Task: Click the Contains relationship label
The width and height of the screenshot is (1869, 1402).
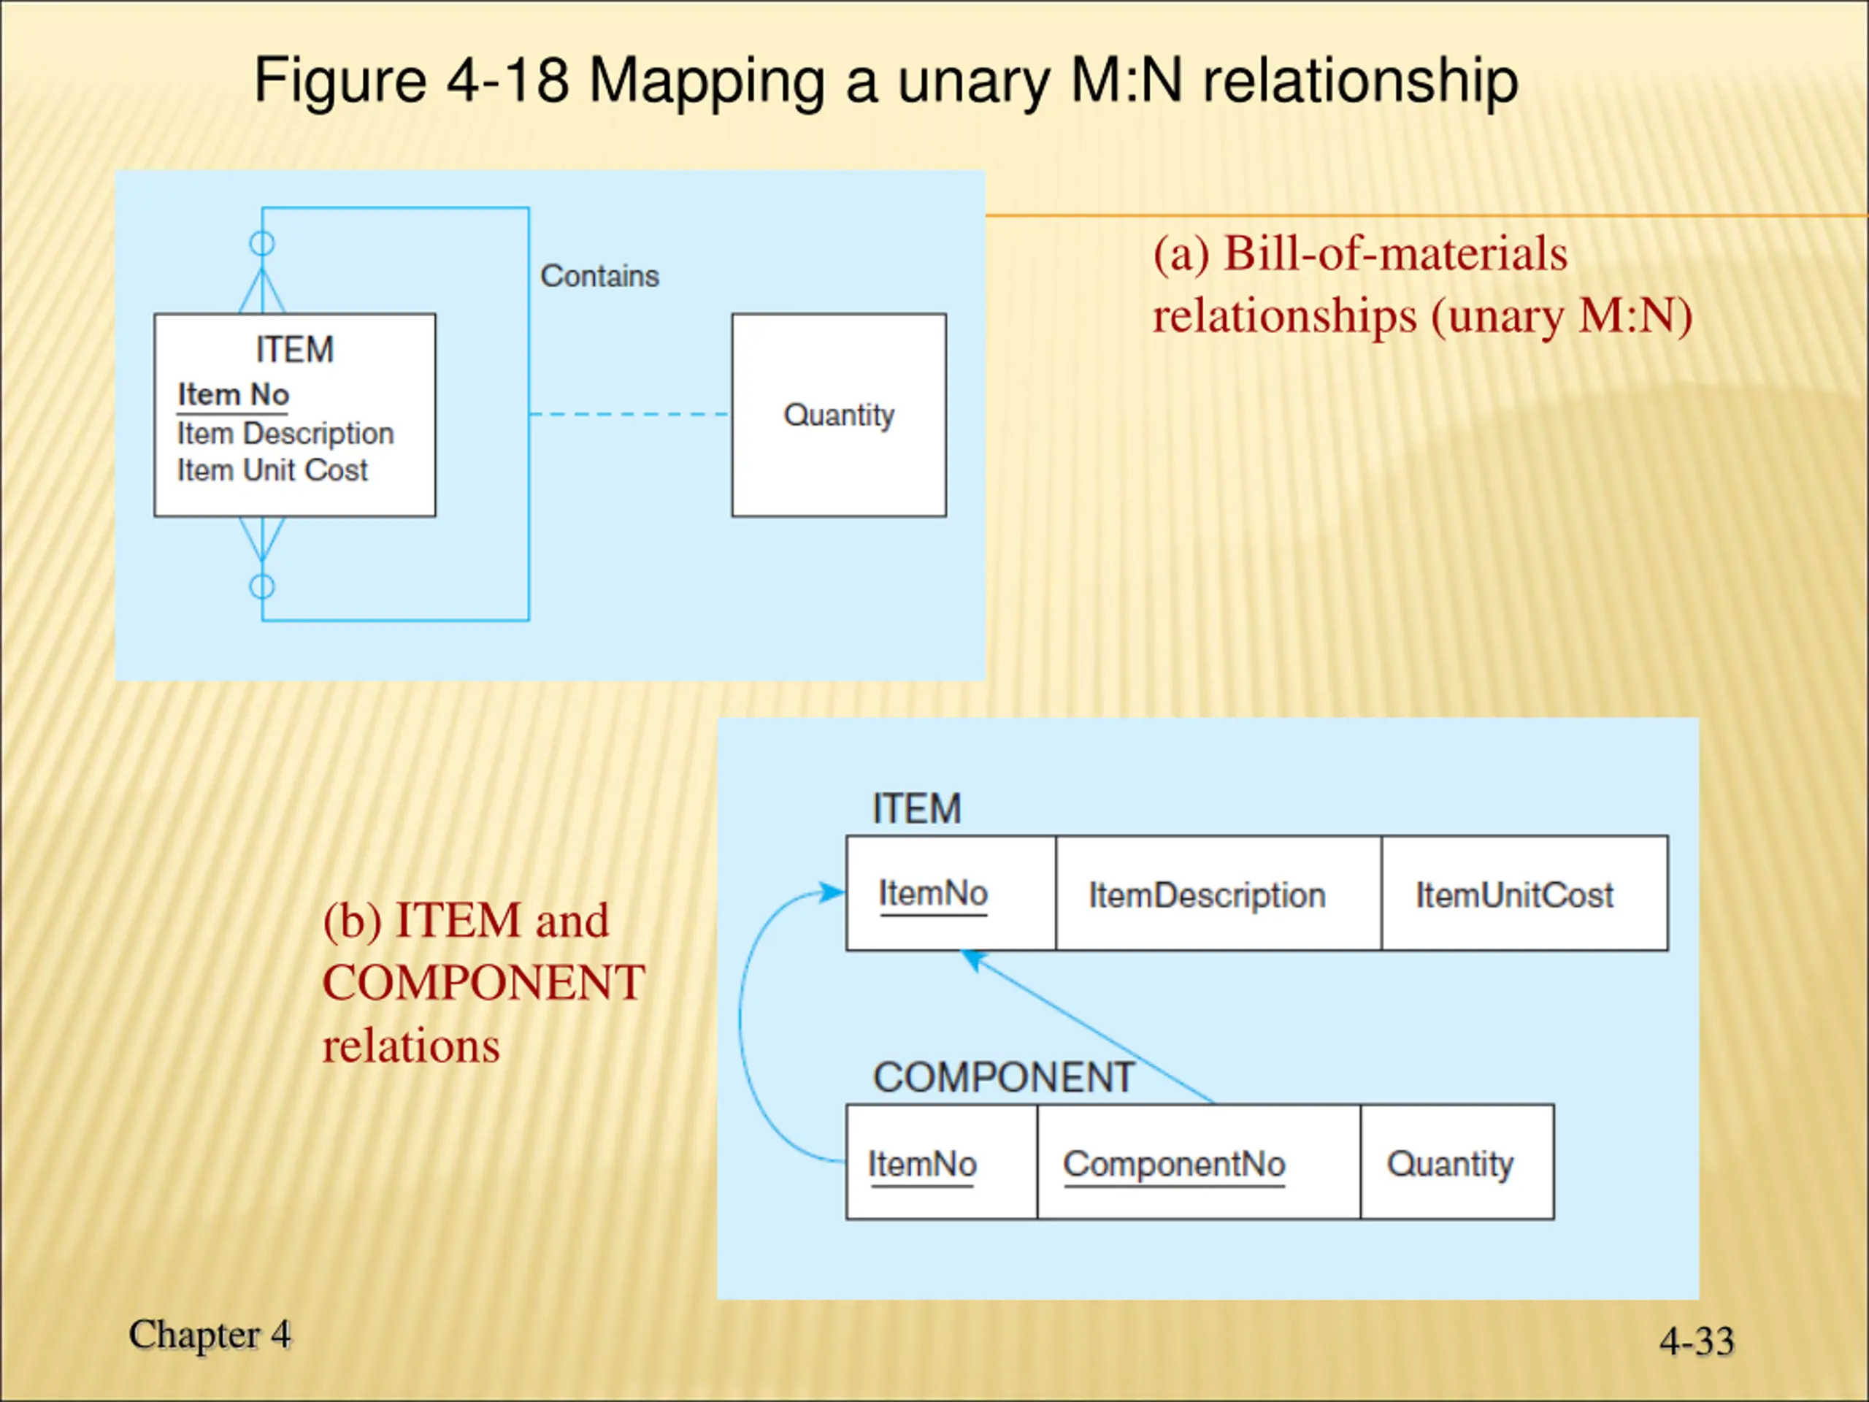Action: [599, 276]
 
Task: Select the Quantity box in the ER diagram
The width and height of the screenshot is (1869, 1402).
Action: [838, 415]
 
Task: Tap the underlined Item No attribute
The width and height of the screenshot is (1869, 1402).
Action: [233, 394]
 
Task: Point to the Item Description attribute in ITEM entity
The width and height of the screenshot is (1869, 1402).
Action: [285, 434]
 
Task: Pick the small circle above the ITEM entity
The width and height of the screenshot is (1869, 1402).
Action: [262, 243]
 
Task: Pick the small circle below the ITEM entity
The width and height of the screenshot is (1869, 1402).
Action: [262, 586]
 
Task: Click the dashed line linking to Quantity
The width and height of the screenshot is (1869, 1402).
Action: [629, 414]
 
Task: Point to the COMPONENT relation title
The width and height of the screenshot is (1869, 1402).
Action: [1003, 1078]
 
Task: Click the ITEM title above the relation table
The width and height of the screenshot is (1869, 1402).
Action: [917, 809]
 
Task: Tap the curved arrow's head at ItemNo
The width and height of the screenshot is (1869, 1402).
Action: [833, 892]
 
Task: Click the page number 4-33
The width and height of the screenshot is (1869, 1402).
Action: [1697, 1341]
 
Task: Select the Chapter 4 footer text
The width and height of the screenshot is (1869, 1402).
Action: [210, 1334]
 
